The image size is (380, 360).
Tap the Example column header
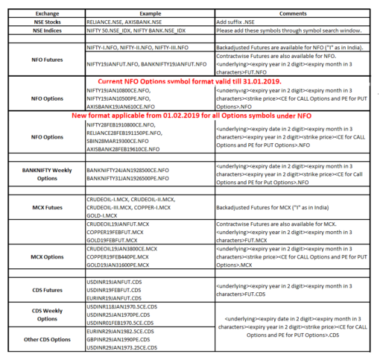pyautogui.click(x=148, y=14)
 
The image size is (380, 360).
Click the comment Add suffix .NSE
pyautogui.click(x=238, y=23)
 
